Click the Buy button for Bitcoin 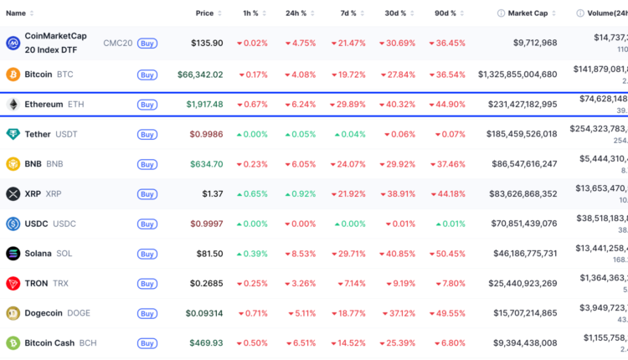147,75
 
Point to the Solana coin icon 13,254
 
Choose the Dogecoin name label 45,313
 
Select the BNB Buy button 147,164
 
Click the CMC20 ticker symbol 117,43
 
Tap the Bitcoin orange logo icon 13,75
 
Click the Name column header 16,13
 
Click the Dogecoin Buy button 147,313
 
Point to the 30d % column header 397,13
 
